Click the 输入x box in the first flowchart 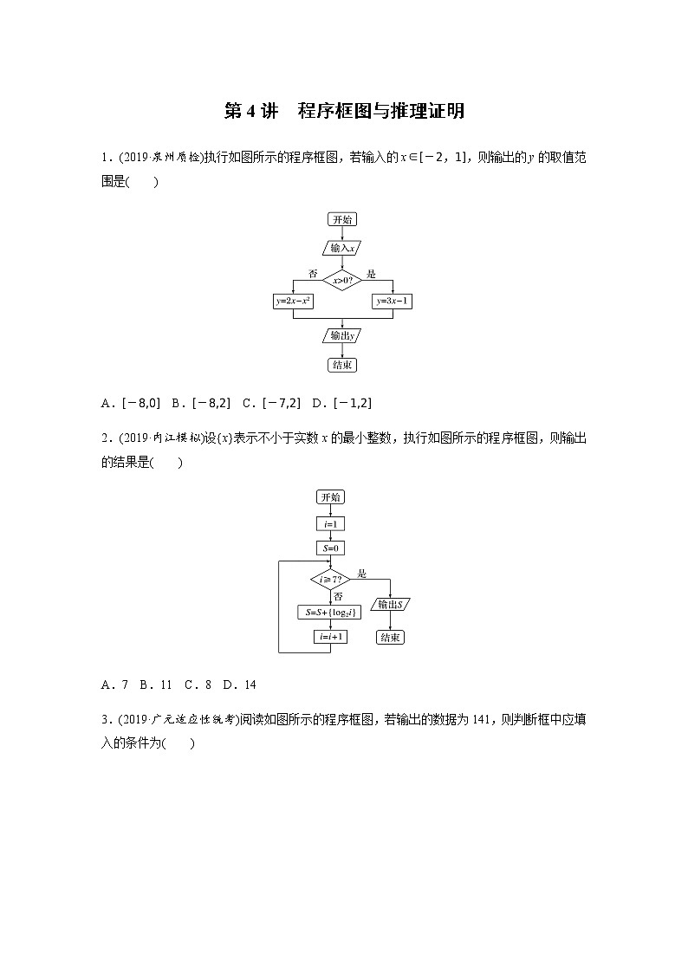(343, 248)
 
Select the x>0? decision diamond (343, 279)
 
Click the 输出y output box (343, 335)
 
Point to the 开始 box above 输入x (343, 220)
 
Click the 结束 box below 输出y (343, 365)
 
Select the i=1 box (330, 524)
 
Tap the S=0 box (330, 548)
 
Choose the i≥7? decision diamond (330, 578)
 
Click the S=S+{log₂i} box (330, 612)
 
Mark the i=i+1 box (330, 637)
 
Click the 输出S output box (391, 604)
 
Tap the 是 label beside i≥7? (362, 574)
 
